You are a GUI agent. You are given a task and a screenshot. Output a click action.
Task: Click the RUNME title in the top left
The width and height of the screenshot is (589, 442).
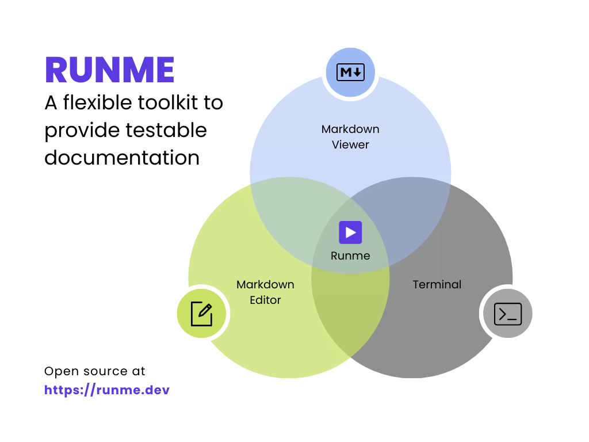click(109, 70)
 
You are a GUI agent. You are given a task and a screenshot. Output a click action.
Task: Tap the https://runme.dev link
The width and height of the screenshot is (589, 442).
click(107, 390)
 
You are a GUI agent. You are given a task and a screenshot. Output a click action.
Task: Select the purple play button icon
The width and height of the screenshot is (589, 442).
click(350, 233)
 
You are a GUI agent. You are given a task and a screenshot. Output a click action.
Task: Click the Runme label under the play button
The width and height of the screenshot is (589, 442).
click(350, 256)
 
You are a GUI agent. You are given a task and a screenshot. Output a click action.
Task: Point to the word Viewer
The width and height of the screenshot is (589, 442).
click(350, 144)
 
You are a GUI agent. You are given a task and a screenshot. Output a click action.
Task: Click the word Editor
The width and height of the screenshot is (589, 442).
click(265, 300)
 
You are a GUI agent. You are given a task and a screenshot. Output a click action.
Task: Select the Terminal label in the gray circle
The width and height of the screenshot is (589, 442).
click(437, 284)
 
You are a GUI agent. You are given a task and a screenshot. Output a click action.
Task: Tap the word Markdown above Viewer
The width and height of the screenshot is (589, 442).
click(350, 129)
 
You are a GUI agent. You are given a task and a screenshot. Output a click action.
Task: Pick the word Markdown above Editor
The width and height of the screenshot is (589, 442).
click(265, 284)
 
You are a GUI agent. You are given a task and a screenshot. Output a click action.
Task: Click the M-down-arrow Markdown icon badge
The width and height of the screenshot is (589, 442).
click(350, 73)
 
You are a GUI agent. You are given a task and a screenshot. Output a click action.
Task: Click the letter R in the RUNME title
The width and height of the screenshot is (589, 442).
click(56, 70)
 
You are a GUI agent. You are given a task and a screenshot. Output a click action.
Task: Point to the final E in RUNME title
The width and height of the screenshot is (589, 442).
click(165, 70)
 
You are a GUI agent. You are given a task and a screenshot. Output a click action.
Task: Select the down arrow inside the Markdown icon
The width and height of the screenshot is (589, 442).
click(357, 73)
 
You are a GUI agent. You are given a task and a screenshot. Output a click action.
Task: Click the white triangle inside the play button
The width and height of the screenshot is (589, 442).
click(351, 233)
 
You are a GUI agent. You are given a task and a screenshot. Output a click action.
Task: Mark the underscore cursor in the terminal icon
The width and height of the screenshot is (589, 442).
click(514, 318)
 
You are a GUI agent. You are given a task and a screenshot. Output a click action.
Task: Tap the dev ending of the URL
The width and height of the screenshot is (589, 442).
click(158, 390)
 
